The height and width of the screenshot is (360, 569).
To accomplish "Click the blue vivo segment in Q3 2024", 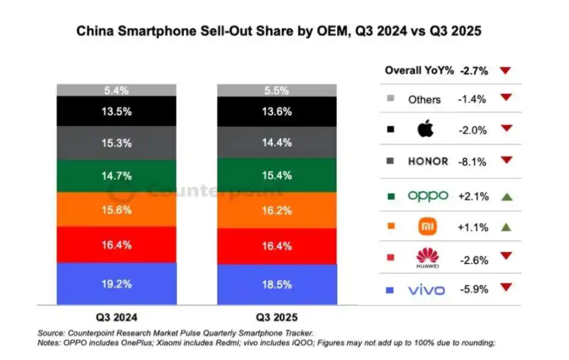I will click(116, 284).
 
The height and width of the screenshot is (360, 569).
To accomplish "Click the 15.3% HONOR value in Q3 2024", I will click(116, 144).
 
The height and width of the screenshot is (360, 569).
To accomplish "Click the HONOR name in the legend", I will click(427, 161).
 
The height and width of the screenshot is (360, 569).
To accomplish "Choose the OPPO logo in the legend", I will click(427, 195).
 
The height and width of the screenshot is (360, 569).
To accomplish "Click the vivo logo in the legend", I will click(427, 290).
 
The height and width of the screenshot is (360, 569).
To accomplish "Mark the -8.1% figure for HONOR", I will click(472, 161).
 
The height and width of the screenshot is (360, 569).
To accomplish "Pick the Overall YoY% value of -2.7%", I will click(472, 70).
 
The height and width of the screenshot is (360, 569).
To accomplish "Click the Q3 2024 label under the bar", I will click(116, 317).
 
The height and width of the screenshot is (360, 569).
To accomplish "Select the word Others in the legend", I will click(424, 99).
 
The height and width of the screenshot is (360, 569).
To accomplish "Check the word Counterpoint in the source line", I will click(91, 333).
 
